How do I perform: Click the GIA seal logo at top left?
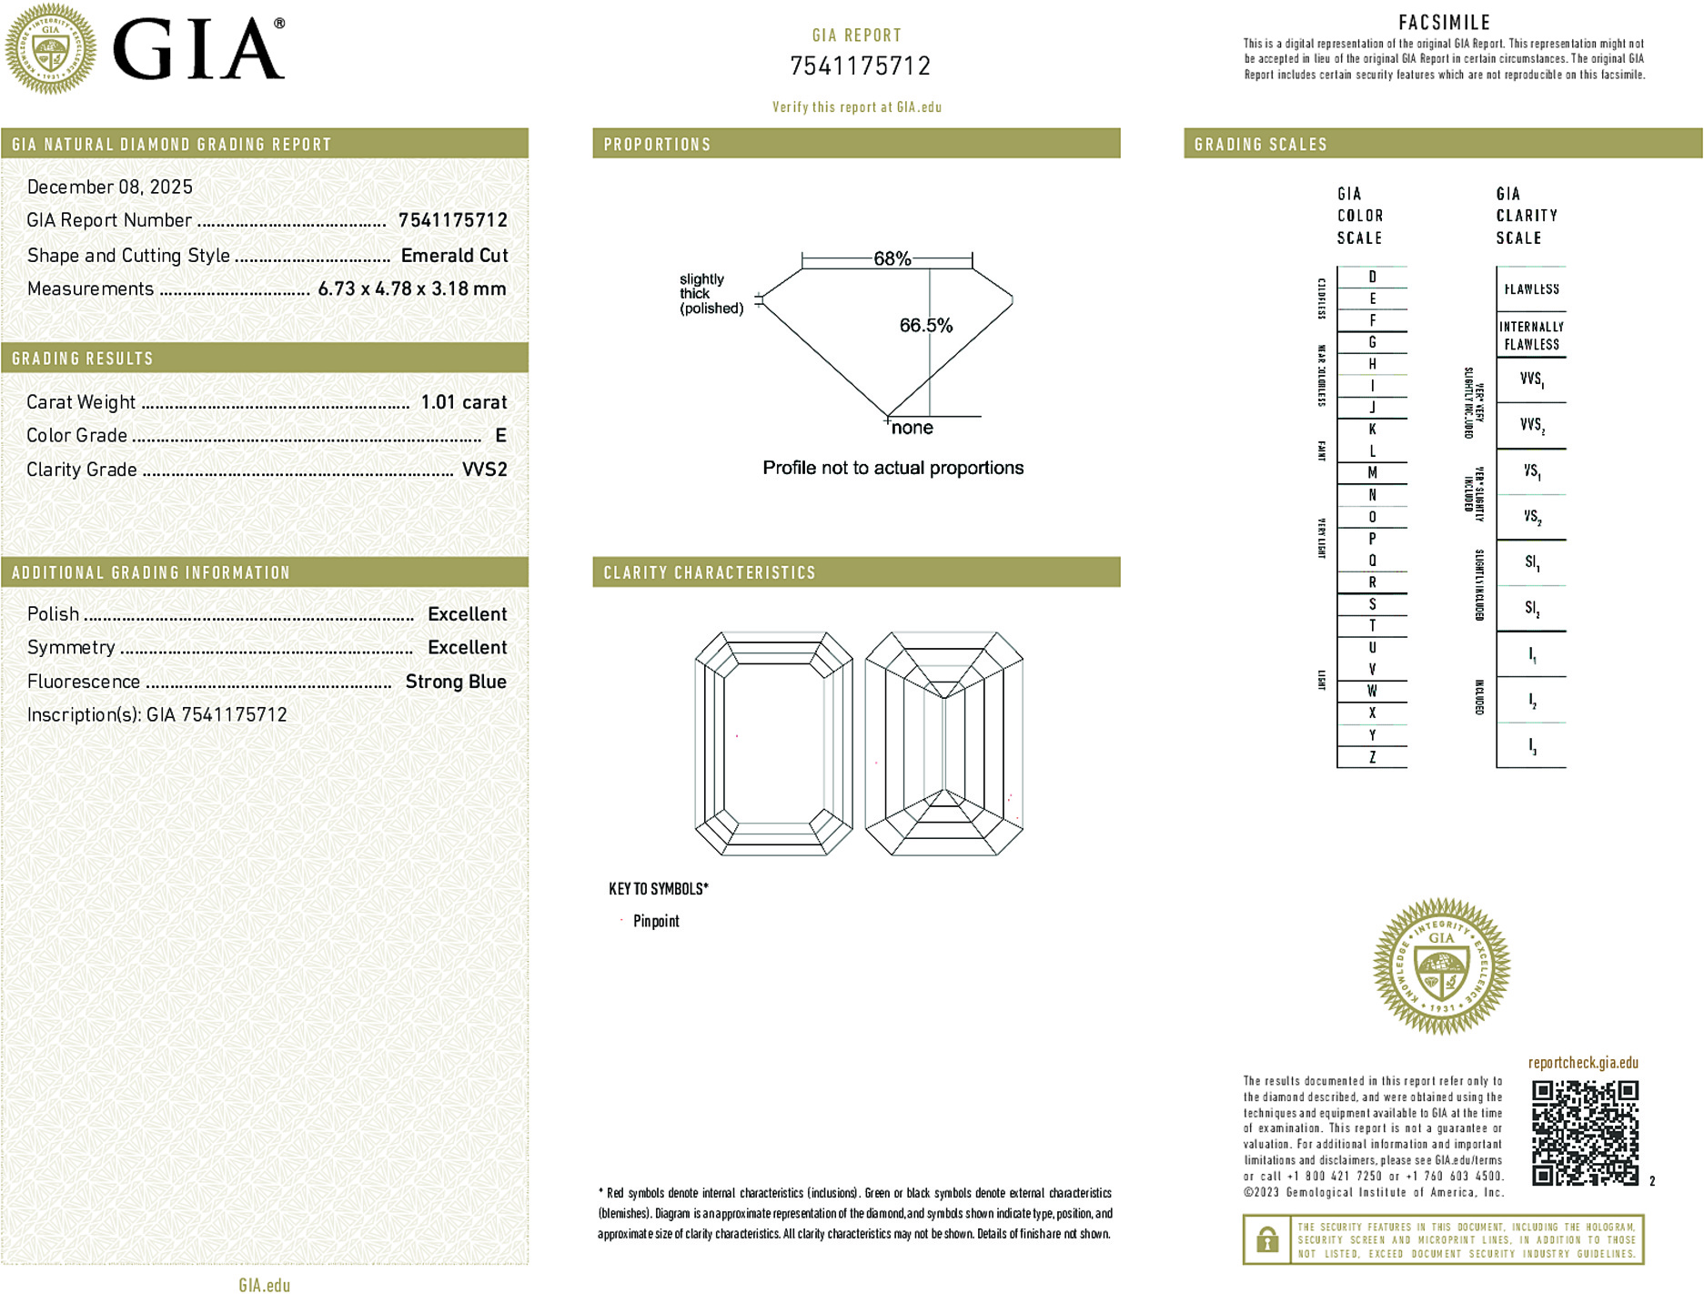click(50, 48)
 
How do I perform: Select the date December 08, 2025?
click(110, 187)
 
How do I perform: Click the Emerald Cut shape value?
click(454, 256)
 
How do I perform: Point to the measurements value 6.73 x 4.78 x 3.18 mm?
click(411, 289)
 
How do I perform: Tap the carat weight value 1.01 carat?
click(463, 402)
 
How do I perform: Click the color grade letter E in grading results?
click(500, 436)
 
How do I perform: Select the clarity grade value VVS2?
click(485, 470)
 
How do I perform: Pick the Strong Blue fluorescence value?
click(456, 682)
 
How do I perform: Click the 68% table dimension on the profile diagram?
click(892, 258)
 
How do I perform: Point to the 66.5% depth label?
click(925, 326)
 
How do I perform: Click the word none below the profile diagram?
click(912, 428)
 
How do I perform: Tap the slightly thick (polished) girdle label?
click(711, 294)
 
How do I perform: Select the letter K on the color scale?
click(1372, 430)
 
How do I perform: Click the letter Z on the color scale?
click(1372, 757)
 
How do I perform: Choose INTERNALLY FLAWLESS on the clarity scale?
click(1531, 336)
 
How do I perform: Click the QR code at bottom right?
click(1584, 1133)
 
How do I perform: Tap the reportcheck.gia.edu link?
click(1583, 1063)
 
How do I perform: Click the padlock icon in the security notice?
click(1266, 1239)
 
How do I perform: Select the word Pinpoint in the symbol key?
click(656, 921)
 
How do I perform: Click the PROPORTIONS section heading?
click(657, 145)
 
